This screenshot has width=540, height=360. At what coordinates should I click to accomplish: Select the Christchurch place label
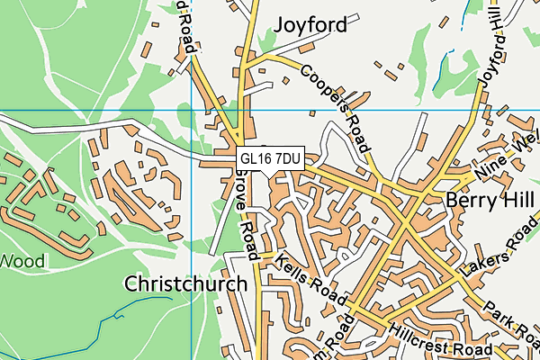tap(185, 284)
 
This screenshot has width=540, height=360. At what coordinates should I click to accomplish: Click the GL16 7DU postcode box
tap(270, 158)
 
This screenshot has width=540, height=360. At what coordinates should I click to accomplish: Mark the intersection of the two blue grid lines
tap(192, 111)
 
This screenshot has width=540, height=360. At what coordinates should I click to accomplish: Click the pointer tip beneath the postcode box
tap(270, 173)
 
